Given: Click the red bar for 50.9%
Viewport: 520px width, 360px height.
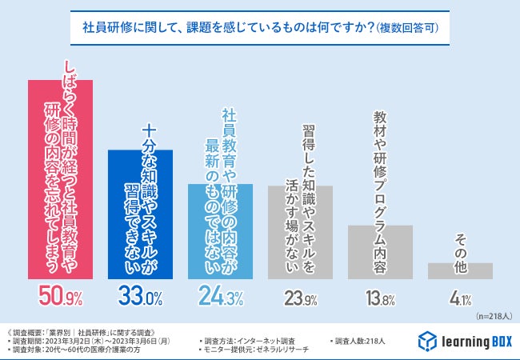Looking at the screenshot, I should click(x=60, y=180).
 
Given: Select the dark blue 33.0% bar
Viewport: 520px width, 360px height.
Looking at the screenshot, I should click(x=140, y=214).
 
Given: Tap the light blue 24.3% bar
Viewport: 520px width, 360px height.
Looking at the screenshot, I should click(x=220, y=232).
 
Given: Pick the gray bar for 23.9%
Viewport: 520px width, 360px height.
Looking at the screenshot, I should click(x=300, y=232).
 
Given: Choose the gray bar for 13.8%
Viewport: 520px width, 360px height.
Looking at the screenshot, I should click(x=380, y=252).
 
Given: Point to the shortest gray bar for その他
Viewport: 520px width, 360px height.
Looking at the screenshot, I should click(x=460, y=271).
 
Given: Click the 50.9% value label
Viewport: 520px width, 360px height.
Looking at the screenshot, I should click(x=61, y=298).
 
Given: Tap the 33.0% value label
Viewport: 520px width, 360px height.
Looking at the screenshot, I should click(x=141, y=298).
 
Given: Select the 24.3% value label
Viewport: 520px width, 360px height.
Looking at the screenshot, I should click(x=221, y=298).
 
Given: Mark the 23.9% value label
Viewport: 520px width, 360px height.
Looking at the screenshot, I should click(x=301, y=299).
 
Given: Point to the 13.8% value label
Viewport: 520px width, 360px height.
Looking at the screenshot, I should click(x=381, y=299).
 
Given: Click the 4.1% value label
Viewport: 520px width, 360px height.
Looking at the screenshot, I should click(x=461, y=299).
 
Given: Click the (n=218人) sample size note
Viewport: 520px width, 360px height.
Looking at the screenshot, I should click(x=494, y=317).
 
